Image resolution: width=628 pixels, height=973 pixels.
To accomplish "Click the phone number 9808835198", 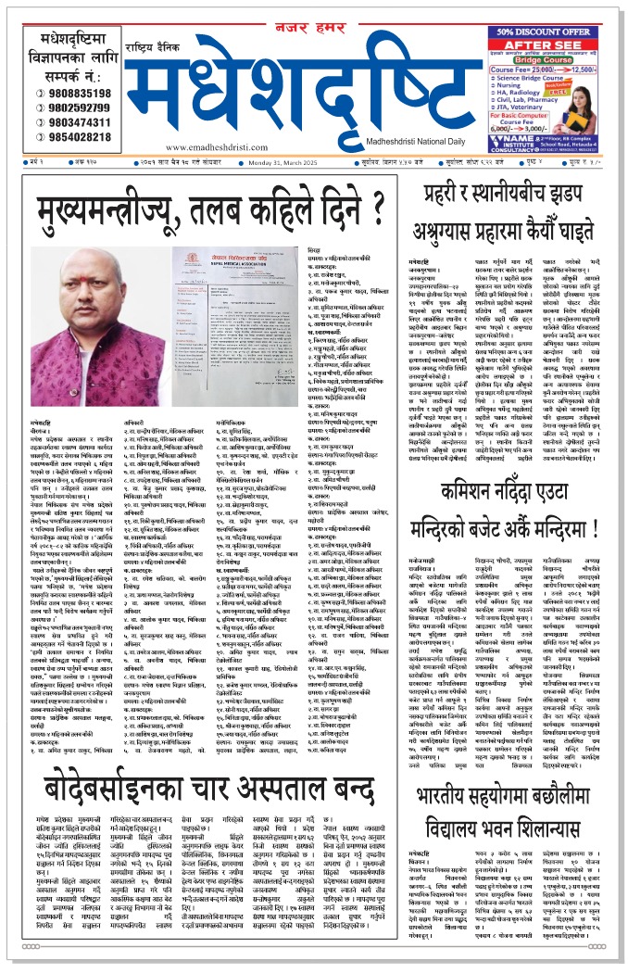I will point(78,94).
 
